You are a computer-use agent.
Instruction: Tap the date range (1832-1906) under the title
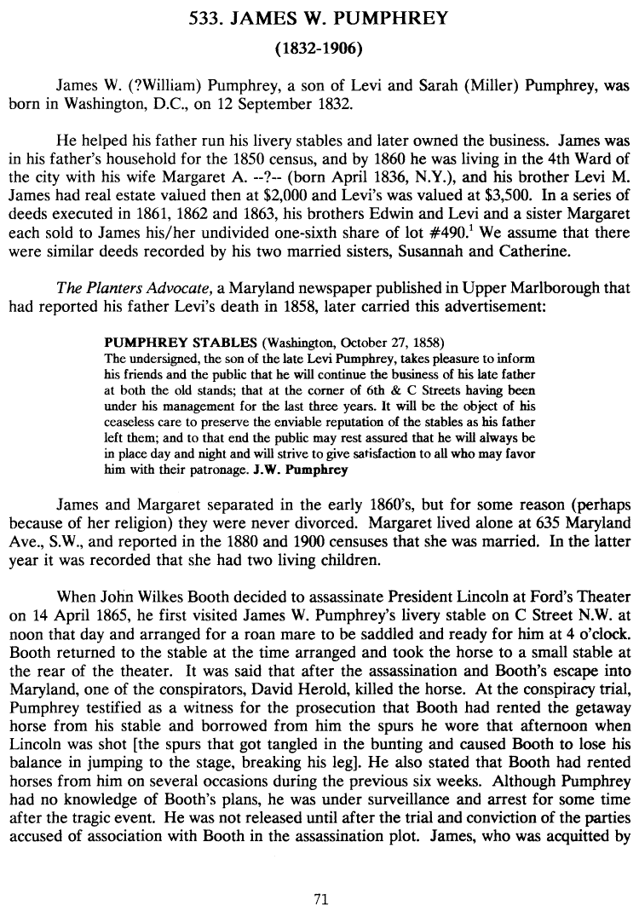(x=319, y=48)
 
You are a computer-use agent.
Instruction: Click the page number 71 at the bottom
(x=320, y=897)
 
